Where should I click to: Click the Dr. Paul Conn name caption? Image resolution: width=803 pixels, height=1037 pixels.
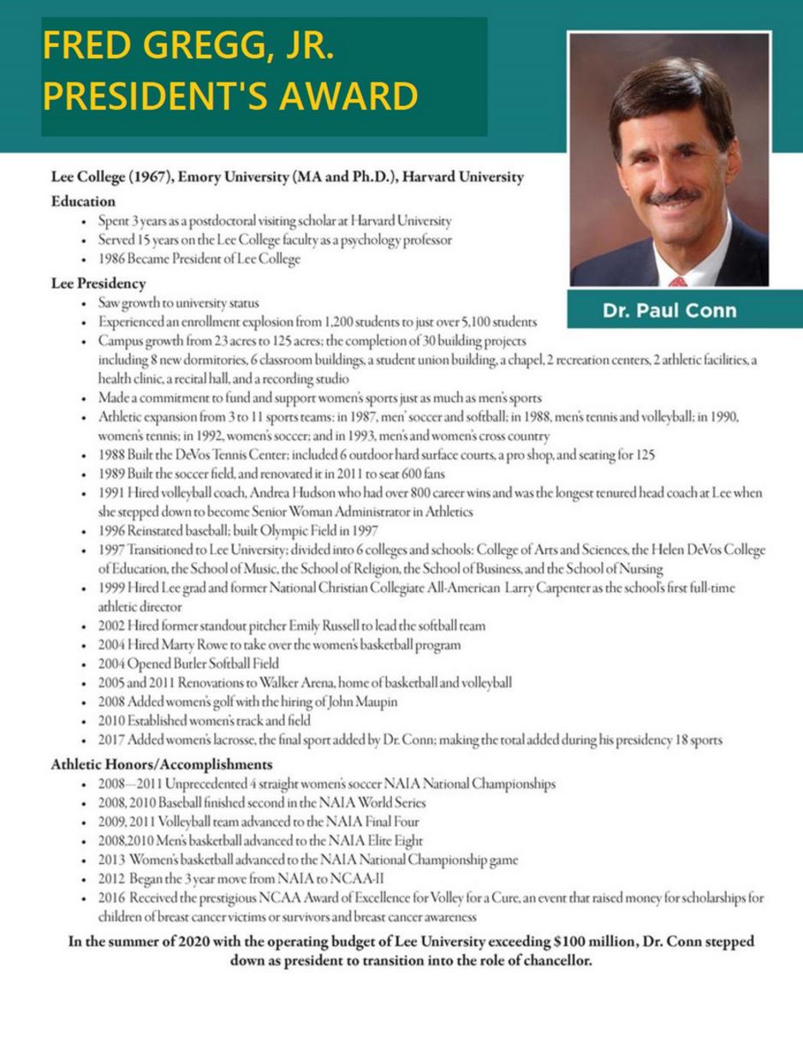pyautogui.click(x=669, y=310)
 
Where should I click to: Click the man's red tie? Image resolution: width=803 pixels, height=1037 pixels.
pyautogui.click(x=678, y=281)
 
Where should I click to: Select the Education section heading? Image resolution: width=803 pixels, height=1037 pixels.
pyautogui.click(x=83, y=201)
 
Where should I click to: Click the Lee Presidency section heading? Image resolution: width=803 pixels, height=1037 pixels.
pyautogui.click(x=98, y=283)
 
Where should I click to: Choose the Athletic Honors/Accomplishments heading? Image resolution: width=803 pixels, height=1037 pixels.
pyautogui.click(x=162, y=764)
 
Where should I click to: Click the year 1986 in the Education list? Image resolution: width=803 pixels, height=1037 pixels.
pyautogui.click(x=112, y=260)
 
